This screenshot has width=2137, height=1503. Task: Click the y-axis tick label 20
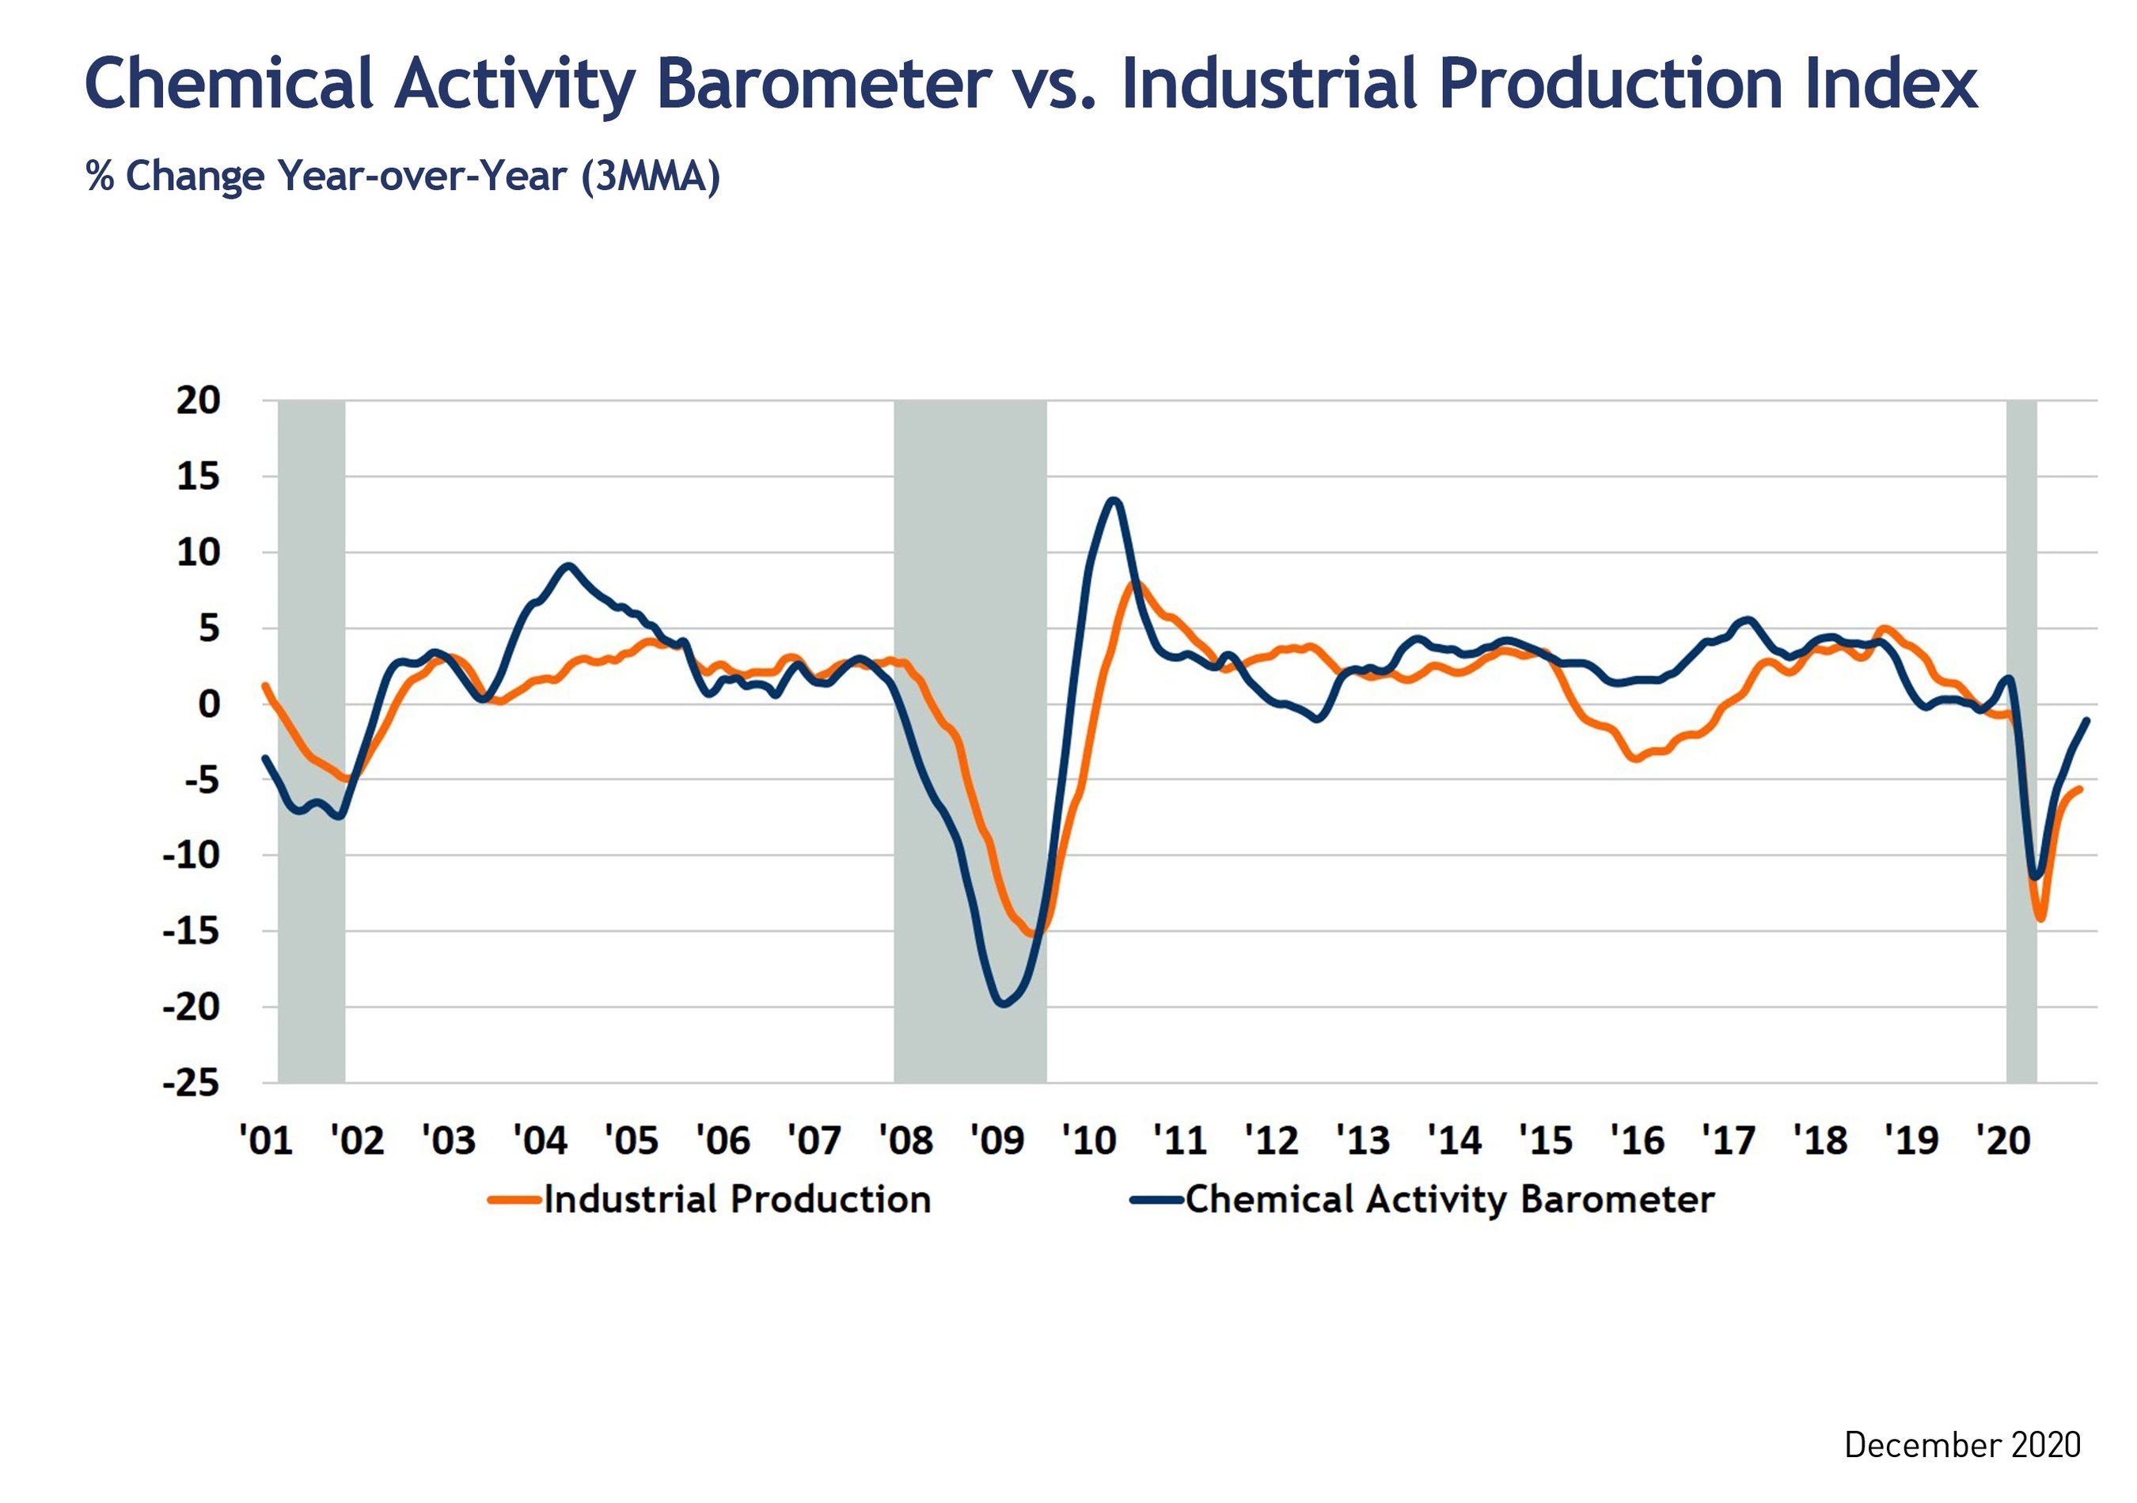point(198,401)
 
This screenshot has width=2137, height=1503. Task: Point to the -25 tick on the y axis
point(191,1084)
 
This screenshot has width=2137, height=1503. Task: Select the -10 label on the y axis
point(191,856)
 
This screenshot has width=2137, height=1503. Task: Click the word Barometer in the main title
point(823,84)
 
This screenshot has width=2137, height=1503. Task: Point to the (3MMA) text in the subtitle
point(651,176)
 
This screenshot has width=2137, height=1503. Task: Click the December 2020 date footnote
point(1962,1445)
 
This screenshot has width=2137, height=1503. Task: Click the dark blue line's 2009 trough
point(1003,1004)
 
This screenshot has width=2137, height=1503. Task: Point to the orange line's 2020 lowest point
point(2040,920)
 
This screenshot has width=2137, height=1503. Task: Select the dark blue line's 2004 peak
point(569,566)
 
